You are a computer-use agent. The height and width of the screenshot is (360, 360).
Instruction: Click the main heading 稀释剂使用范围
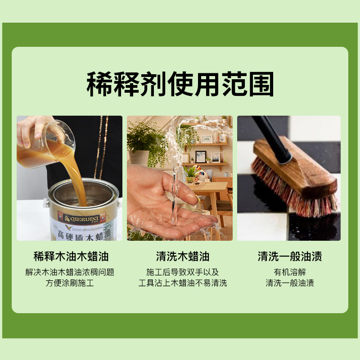pyautogui.click(x=180, y=84)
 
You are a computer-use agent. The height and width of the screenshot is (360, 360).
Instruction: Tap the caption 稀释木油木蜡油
pyautogui.click(x=71, y=257)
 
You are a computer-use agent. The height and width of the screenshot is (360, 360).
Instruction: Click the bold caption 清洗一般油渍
pyautogui.click(x=290, y=257)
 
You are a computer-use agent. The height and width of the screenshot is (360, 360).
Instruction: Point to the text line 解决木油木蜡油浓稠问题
pyautogui.click(x=70, y=272)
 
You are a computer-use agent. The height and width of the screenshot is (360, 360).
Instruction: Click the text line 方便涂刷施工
pyautogui.click(x=70, y=283)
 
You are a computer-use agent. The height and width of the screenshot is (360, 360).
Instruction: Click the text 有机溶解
pyautogui.click(x=289, y=272)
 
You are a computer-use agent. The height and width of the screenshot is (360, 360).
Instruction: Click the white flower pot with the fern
pyautogui.click(x=140, y=157)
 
